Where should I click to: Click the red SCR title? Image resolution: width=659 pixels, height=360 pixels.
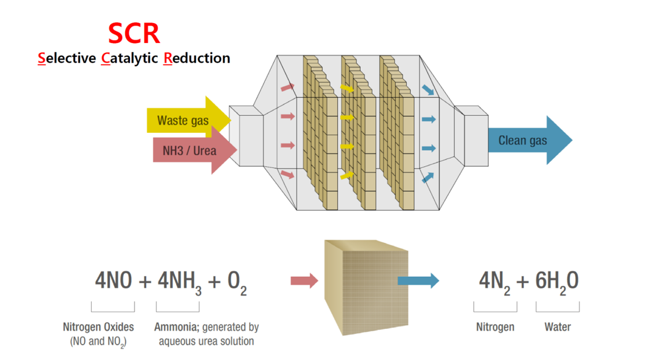(x=134, y=33)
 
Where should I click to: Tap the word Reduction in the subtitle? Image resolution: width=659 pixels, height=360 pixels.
(x=197, y=58)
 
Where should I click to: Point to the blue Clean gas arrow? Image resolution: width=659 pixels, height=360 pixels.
(x=528, y=140)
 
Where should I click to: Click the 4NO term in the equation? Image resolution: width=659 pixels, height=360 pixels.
(x=114, y=281)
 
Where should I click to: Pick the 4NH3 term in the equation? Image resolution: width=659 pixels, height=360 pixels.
(x=179, y=282)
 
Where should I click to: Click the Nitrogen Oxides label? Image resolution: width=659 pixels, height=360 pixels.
(x=98, y=327)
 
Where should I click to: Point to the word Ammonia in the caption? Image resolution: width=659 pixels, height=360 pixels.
(x=174, y=327)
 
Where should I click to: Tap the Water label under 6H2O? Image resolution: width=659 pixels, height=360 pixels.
(x=557, y=327)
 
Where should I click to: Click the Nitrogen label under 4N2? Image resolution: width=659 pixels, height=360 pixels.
(x=495, y=327)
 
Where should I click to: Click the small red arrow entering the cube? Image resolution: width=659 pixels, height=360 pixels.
(x=304, y=280)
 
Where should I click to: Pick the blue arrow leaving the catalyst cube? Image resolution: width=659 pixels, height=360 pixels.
(x=419, y=280)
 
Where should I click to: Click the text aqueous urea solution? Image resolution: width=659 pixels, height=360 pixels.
(x=206, y=341)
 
